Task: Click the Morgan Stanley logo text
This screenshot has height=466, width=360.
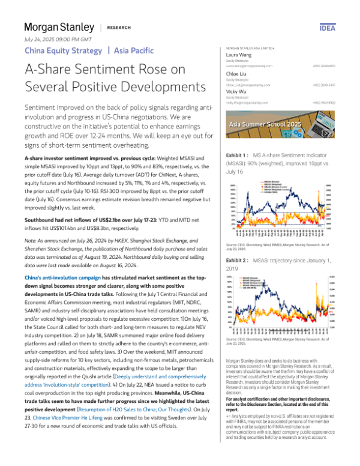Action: (59, 27)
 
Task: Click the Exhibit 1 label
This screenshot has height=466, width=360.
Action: (237, 155)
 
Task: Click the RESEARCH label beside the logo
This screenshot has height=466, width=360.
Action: (120, 28)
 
